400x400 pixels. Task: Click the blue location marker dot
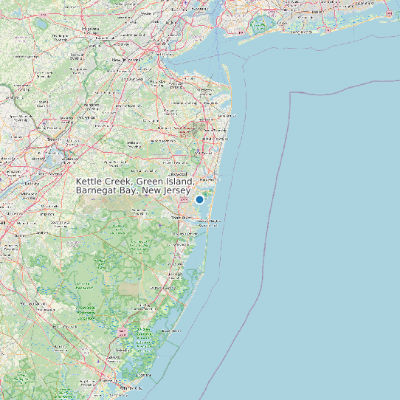199,199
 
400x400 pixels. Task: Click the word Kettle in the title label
90,182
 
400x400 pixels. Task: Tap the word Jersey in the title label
176,190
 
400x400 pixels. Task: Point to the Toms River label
181,218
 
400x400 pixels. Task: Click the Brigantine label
148,375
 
